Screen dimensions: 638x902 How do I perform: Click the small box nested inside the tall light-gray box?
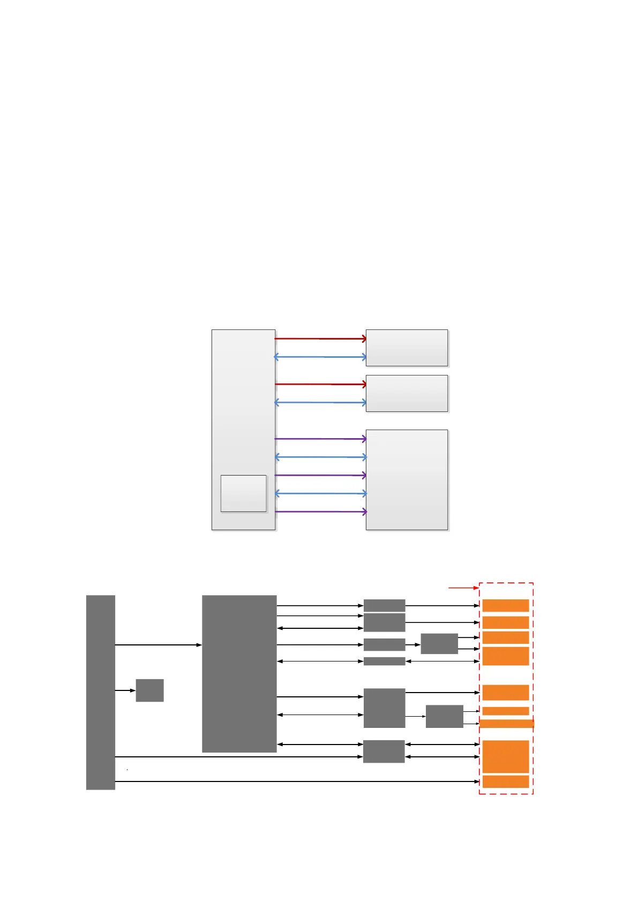click(x=243, y=493)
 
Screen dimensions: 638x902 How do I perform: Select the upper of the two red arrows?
click(x=320, y=339)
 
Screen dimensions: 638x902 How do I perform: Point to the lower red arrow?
click(x=320, y=384)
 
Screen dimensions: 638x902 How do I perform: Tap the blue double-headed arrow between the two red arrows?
click(x=320, y=357)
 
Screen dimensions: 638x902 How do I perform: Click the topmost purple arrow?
click(x=320, y=439)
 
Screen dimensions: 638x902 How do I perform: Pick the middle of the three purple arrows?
click(x=320, y=475)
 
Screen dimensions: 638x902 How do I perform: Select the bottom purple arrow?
click(x=320, y=512)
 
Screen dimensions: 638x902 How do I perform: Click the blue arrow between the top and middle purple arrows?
click(x=320, y=457)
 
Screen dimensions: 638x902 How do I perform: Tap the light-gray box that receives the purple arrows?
click(x=407, y=479)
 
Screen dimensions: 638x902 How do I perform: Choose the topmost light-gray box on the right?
click(x=407, y=348)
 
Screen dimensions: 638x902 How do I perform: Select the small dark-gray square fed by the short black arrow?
click(x=149, y=690)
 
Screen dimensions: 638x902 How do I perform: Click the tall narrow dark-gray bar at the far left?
click(x=100, y=692)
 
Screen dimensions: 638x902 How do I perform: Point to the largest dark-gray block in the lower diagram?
click(x=239, y=673)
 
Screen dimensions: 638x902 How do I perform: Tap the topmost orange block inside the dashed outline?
click(x=505, y=605)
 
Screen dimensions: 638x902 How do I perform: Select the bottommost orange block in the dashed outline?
click(x=505, y=781)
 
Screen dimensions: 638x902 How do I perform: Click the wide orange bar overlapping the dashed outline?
click(x=506, y=724)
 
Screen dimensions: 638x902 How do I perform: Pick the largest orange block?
click(x=505, y=756)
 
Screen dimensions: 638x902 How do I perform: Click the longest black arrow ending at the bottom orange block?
click(x=297, y=781)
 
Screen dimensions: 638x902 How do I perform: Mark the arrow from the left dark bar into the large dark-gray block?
click(x=158, y=645)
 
